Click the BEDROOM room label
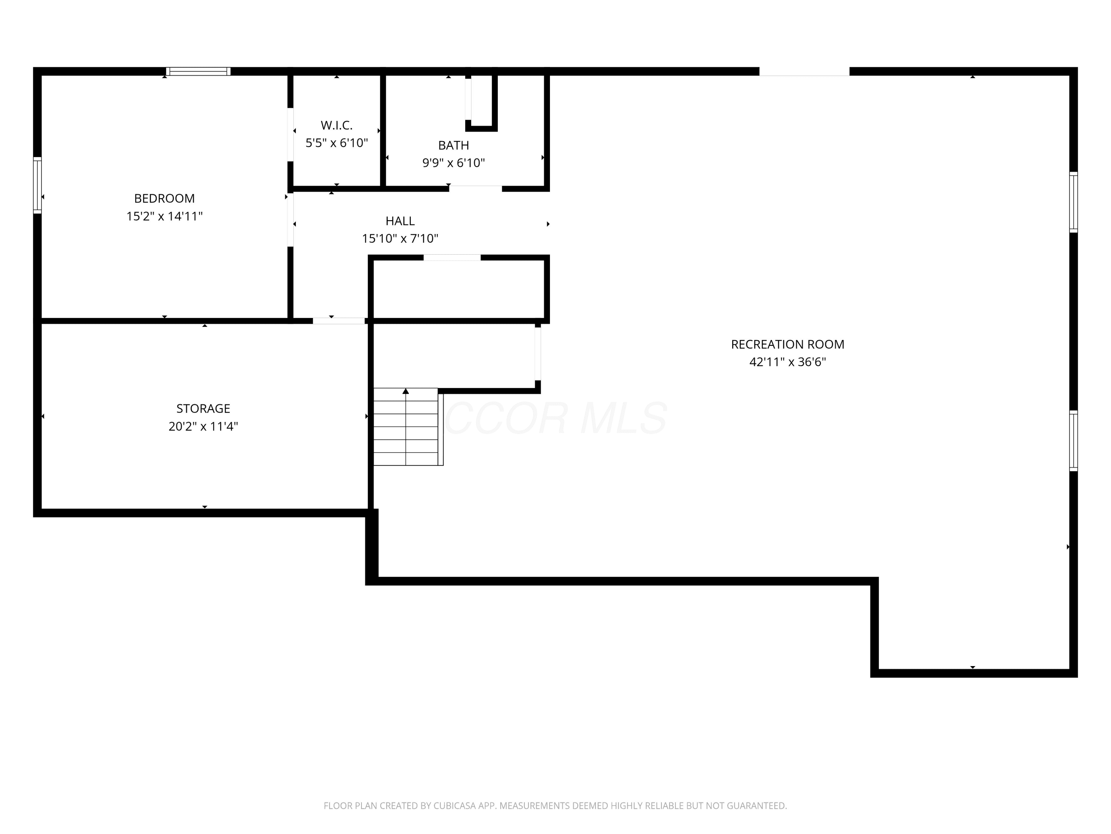coord(164,199)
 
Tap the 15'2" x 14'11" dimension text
coord(164,216)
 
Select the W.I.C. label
coord(337,125)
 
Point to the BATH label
coord(454,145)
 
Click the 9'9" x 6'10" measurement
coord(454,163)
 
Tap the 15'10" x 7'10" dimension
coord(400,238)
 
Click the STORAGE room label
coord(203,409)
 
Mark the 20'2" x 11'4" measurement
coord(203,426)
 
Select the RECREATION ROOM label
coord(788,344)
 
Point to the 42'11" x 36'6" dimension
coord(788,362)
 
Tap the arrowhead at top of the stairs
coord(406,391)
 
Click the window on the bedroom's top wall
coord(198,72)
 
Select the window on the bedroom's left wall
coord(37,185)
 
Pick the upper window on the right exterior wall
coord(1073,202)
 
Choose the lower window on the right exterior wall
coord(1073,441)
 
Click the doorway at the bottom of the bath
coord(476,189)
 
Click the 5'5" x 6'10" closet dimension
coord(337,143)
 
